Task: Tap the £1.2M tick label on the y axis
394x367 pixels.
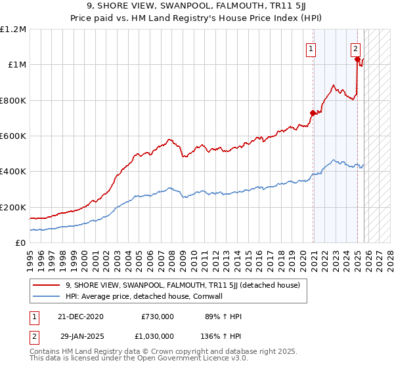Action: point(13,29)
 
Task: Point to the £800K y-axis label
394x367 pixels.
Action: point(13,101)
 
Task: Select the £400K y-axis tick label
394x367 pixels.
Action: point(13,172)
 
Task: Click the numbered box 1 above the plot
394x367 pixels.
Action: point(310,48)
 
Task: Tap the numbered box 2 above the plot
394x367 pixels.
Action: point(355,48)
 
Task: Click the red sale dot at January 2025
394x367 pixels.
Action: point(358,60)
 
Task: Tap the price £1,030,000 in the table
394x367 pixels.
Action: point(158,335)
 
